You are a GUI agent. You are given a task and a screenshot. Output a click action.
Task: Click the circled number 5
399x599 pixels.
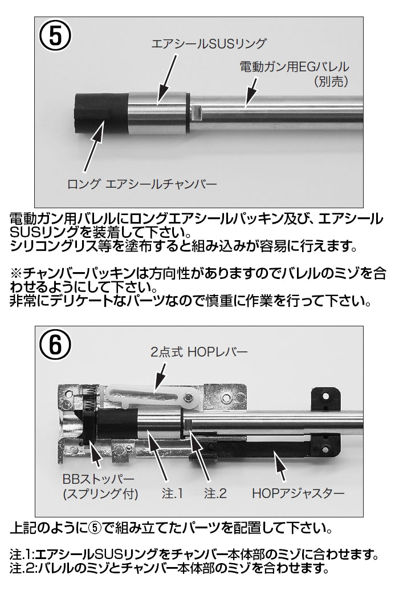55,37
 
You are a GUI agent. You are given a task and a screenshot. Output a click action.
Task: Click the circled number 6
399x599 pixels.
55,346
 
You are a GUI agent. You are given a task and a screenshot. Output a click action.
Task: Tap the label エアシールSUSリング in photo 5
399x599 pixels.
209,43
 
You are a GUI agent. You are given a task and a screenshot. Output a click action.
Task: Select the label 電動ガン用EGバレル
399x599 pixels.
294,67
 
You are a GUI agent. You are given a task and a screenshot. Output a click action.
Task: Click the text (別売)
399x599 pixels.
331,82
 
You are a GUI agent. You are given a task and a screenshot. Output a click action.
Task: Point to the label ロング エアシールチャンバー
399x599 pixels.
142,184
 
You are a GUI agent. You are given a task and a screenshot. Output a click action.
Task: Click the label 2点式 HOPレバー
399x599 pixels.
199,351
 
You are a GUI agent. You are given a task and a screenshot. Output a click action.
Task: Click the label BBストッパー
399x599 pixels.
99,479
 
